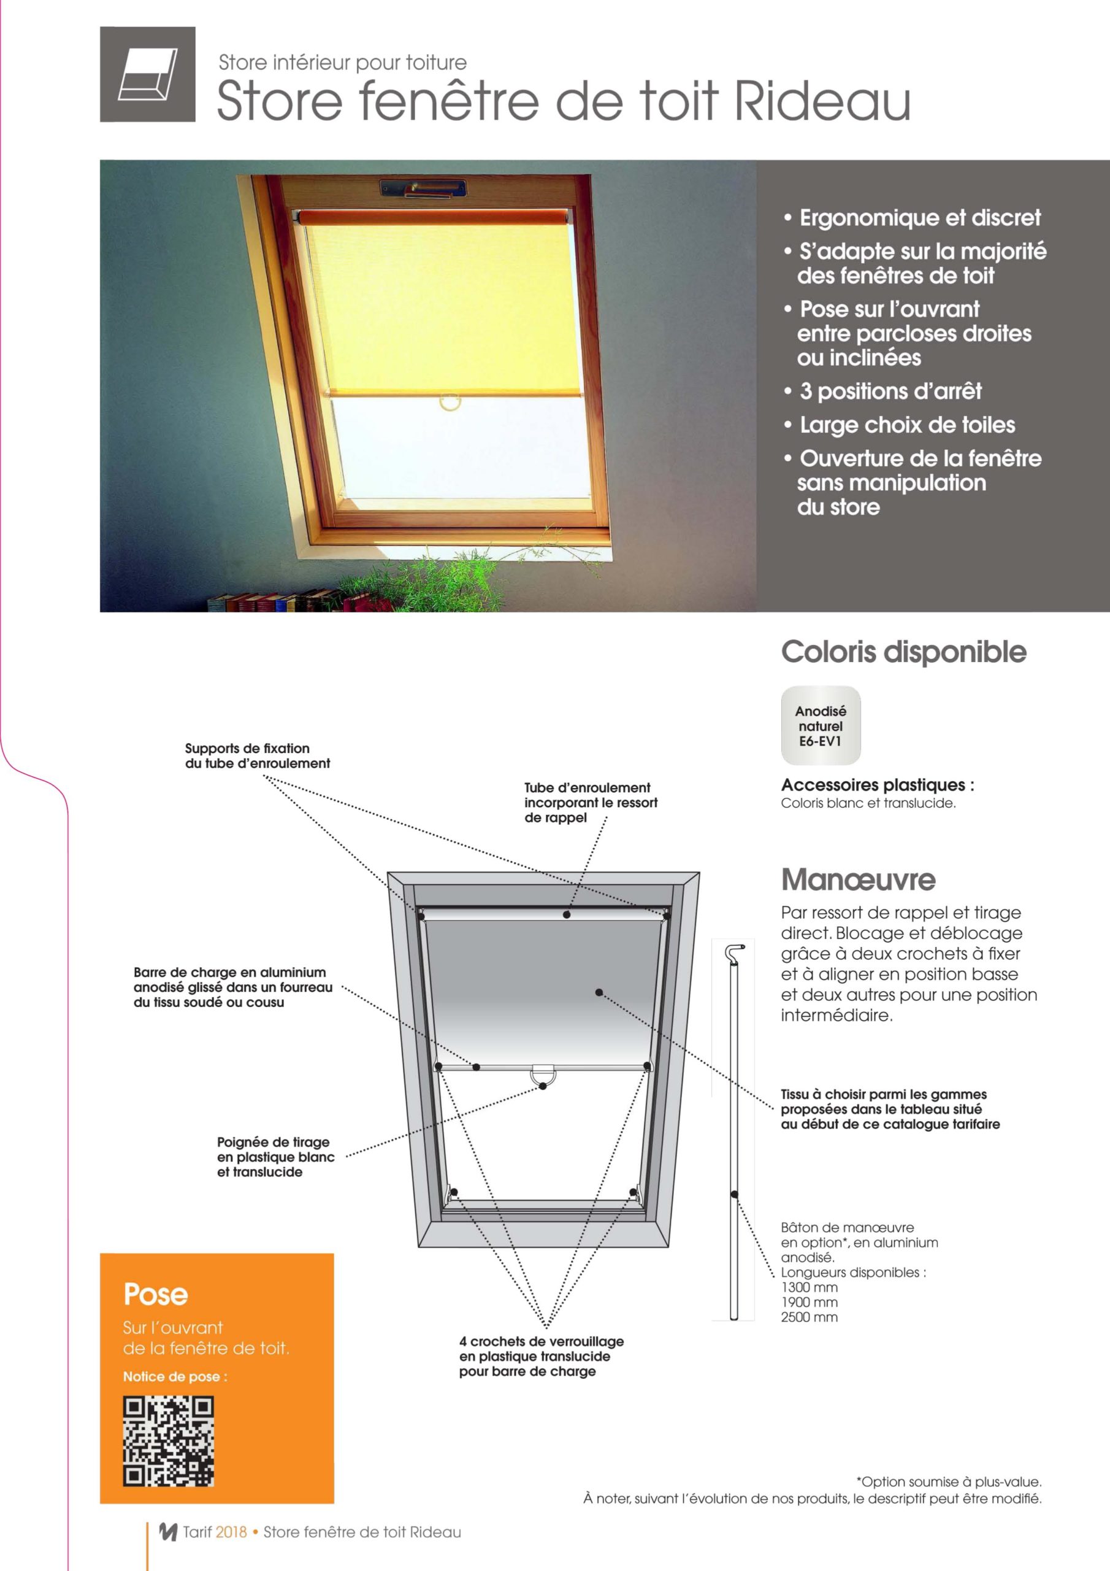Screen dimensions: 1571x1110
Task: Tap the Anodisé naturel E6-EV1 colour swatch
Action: click(x=820, y=725)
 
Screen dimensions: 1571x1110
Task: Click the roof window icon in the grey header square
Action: click(x=148, y=75)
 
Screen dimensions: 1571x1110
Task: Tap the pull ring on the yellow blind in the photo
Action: click(x=450, y=401)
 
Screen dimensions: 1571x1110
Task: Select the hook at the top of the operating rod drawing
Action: click(x=735, y=952)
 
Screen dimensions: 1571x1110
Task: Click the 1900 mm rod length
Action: click(x=809, y=1302)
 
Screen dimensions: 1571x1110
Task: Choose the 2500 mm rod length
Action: click(x=809, y=1317)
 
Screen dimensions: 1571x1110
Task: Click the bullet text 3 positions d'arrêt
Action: click(x=890, y=392)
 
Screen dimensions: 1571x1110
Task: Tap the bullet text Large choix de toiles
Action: click(x=907, y=425)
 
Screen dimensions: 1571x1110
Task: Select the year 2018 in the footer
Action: click(x=231, y=1532)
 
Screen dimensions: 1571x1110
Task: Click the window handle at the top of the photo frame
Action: click(x=424, y=189)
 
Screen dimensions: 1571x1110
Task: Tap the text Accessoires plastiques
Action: click(x=877, y=785)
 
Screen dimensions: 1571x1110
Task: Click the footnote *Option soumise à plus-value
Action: click(x=949, y=1481)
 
